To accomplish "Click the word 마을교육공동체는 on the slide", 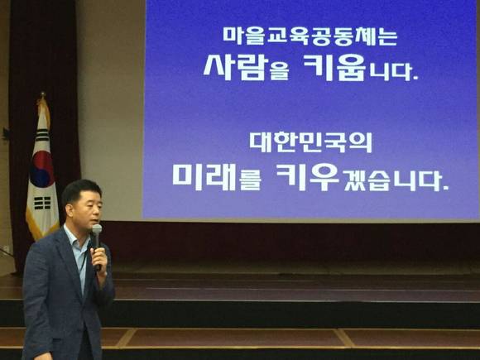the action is (x=310, y=36).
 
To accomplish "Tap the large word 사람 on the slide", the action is (x=236, y=68).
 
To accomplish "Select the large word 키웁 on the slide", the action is (x=334, y=68).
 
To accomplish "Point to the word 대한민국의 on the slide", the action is (x=310, y=142).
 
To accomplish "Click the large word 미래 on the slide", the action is (x=204, y=176).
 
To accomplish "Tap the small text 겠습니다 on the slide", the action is (x=395, y=180).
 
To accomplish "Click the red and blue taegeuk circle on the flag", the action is (x=42, y=170).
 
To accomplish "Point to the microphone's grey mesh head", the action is (x=97, y=229).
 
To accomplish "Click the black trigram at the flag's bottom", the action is (x=42, y=203).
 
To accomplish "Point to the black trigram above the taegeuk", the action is (x=42, y=135).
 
